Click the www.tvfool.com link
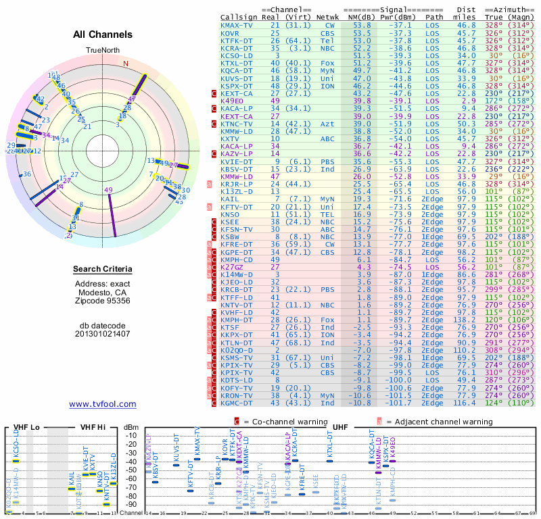click(x=103, y=404)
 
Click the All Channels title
click(x=103, y=34)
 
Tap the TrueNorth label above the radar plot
click(x=102, y=51)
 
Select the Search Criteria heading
click(x=103, y=270)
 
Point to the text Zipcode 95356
click(x=103, y=302)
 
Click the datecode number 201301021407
click(x=103, y=334)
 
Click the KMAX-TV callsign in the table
click(x=237, y=25)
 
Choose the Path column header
click(x=435, y=17)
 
